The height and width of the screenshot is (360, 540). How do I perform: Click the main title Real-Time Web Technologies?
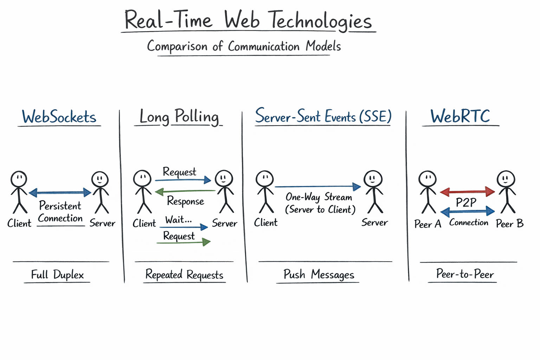[248, 20]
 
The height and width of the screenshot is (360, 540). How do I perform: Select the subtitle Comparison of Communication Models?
[244, 46]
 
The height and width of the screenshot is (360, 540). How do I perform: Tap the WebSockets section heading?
[59, 117]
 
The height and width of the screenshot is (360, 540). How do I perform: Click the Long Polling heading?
[179, 116]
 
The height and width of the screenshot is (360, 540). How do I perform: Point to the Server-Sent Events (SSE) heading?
[323, 116]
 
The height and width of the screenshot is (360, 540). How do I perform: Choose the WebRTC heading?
[460, 116]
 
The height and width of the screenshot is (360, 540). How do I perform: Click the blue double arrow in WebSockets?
[60, 192]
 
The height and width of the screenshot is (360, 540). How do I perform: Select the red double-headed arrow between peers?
[467, 192]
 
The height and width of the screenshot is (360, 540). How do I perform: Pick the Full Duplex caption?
[57, 275]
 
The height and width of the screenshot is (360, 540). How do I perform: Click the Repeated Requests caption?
[184, 275]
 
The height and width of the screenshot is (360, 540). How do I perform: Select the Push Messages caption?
[319, 274]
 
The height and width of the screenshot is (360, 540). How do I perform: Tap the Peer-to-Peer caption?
[465, 274]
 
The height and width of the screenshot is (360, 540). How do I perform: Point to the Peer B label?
[509, 224]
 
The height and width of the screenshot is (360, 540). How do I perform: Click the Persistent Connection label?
[60, 212]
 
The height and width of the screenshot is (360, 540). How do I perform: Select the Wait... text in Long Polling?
[179, 220]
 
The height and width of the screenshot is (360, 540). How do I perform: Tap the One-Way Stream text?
[319, 197]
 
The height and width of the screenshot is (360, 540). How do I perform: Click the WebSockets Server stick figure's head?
[100, 179]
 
